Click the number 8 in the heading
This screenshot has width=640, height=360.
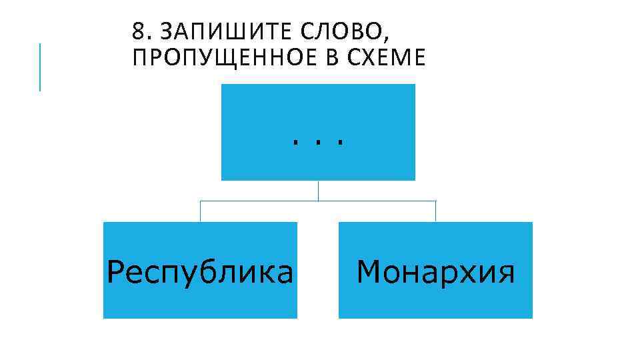[x=137, y=31]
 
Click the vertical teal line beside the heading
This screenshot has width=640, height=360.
[x=40, y=67]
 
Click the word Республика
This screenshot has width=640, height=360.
[x=200, y=273]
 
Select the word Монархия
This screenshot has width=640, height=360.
[x=436, y=273]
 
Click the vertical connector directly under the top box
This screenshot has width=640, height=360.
[x=318, y=191]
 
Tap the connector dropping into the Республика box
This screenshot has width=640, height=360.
[x=200, y=211]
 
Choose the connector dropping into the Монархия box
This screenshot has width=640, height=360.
[x=436, y=211]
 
